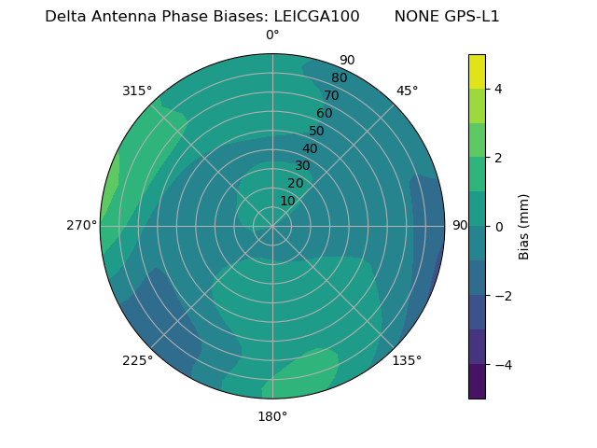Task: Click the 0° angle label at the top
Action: [272, 35]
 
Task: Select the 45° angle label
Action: [407, 91]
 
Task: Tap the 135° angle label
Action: [407, 360]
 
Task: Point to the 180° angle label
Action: [272, 416]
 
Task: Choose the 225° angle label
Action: [137, 360]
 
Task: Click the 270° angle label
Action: [81, 225]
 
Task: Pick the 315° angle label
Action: [137, 91]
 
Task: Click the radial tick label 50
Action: [316, 131]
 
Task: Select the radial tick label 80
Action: [339, 77]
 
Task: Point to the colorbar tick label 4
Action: [499, 89]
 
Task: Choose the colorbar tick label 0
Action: [499, 227]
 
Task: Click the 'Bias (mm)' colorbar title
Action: [524, 227]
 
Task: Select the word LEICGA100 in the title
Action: [316, 17]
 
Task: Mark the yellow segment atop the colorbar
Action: [477, 71]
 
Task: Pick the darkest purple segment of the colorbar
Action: [477, 382]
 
